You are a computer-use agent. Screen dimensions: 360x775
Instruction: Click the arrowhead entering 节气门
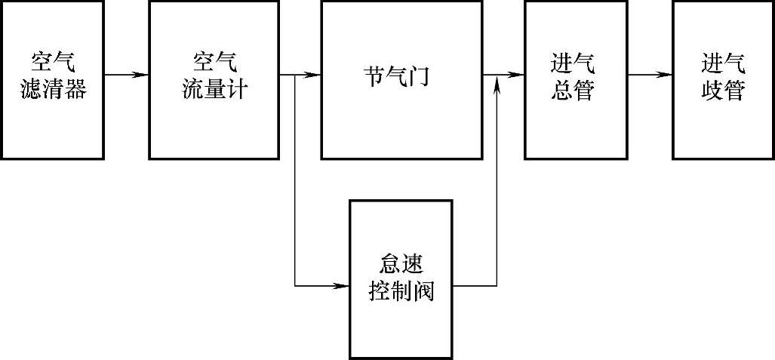312,75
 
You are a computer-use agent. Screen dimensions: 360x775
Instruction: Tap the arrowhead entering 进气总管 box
517,75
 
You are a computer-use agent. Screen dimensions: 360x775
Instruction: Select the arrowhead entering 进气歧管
665,75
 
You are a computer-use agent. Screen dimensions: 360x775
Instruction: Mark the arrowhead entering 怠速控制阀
341,286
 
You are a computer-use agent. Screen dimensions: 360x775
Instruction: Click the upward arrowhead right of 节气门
497,88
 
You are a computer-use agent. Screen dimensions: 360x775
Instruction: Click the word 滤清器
52,91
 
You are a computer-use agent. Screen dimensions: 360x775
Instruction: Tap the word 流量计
215,91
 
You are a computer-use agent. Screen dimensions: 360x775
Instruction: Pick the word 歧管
722,91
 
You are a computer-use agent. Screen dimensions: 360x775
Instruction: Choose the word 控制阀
401,292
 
